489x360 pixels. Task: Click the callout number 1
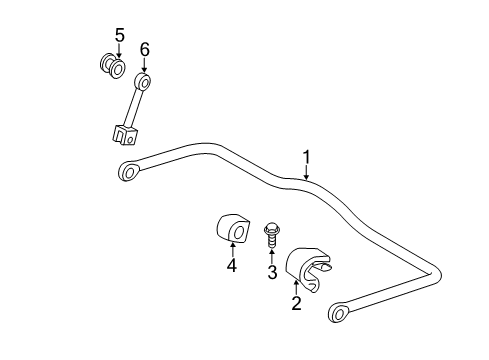tap(308, 156)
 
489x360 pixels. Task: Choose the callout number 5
tap(119, 36)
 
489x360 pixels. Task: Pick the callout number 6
tap(144, 48)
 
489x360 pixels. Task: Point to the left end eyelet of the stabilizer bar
tap(129, 171)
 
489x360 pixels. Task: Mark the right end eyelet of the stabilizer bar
tap(340, 313)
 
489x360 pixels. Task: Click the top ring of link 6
tap(143, 81)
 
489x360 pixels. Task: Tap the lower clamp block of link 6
tap(121, 131)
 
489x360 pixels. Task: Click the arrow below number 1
tap(307, 172)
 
